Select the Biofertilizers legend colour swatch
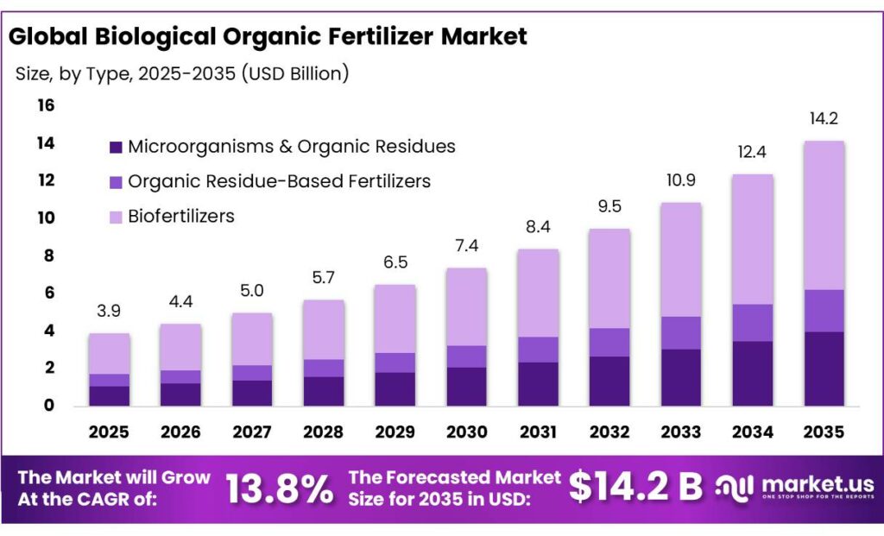(x=115, y=217)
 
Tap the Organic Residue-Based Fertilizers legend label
(x=279, y=181)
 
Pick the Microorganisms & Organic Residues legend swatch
(x=115, y=148)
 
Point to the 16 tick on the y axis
(x=45, y=105)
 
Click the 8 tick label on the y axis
(x=49, y=255)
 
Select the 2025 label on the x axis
(x=109, y=431)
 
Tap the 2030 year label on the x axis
(x=466, y=431)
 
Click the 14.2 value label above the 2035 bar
(x=823, y=118)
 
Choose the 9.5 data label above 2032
(x=609, y=207)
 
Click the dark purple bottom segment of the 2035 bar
(x=824, y=369)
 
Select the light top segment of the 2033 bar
(x=681, y=260)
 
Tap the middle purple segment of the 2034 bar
(x=752, y=323)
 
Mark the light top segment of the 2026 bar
(x=180, y=347)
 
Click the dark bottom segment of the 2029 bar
(x=395, y=388)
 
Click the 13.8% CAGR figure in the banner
(x=280, y=489)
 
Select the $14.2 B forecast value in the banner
(x=635, y=488)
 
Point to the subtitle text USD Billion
(x=295, y=74)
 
